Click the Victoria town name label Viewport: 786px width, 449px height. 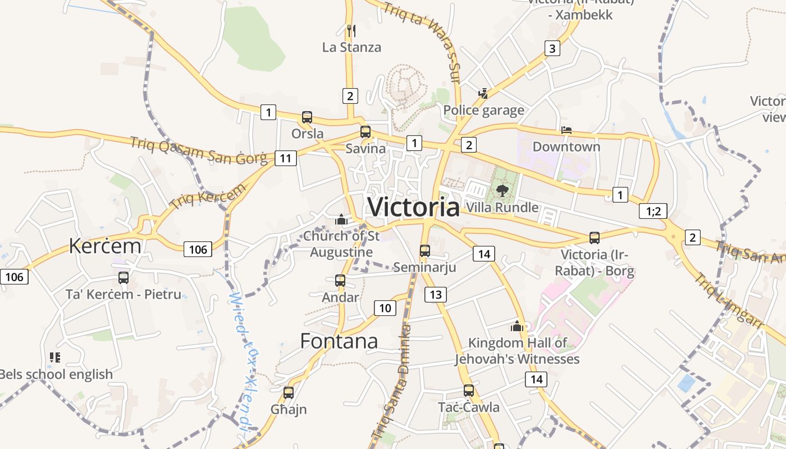413,207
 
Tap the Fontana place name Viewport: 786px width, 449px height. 339,341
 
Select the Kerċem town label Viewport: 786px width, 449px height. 105,245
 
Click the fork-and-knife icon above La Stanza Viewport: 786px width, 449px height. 351,30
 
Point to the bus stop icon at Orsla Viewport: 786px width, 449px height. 307,117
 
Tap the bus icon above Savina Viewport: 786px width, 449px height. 365,132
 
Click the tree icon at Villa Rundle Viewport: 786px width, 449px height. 502,191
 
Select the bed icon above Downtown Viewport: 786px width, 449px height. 566,130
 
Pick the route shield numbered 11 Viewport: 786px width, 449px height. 285,158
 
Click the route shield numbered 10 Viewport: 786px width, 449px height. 385,308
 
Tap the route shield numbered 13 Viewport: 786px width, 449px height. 436,294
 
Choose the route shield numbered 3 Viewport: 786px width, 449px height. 552,48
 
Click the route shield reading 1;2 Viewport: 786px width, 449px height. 654,211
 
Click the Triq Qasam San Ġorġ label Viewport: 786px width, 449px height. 199,150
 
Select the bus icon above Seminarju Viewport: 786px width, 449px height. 425,250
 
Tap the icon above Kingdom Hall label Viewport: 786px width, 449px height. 517,326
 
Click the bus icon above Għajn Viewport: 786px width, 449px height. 289,392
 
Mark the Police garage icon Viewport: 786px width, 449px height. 483,93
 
